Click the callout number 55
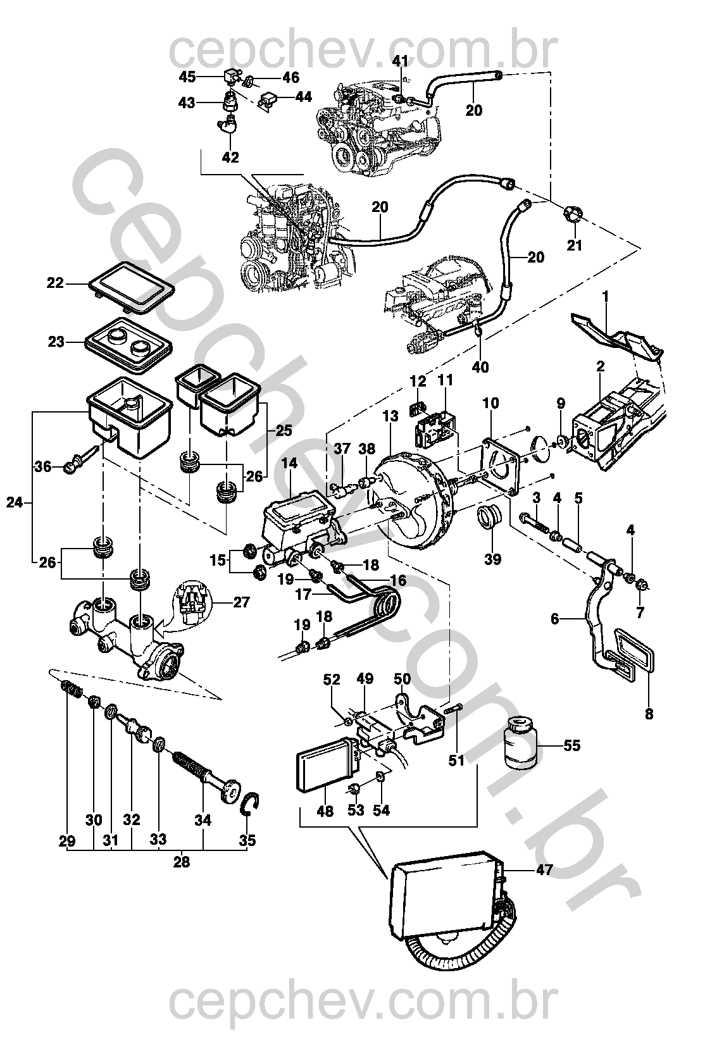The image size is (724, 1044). tap(571, 746)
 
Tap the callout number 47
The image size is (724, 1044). tap(544, 869)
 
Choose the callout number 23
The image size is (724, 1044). tap(56, 342)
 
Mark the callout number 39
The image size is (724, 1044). tap(492, 559)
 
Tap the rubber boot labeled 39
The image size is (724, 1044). tap(489, 518)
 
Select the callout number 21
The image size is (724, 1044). tap(574, 245)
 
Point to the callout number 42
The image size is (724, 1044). tap(230, 158)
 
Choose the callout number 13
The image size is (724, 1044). tap(390, 416)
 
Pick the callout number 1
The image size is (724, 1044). tap(605, 295)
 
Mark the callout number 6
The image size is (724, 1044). tap(555, 619)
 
